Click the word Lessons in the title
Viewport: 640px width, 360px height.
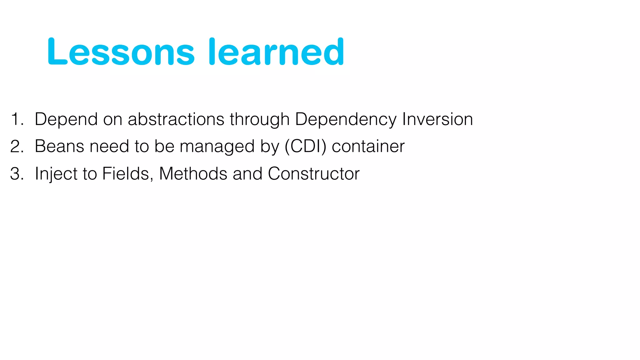(x=121, y=52)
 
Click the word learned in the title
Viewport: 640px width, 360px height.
(x=276, y=52)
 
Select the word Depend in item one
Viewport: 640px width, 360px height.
(x=66, y=119)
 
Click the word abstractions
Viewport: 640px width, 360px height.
(x=176, y=119)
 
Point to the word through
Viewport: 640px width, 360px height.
(x=260, y=119)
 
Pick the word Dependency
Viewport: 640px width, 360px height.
(x=346, y=119)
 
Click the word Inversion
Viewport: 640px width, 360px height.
(x=437, y=119)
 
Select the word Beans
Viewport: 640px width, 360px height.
(x=59, y=146)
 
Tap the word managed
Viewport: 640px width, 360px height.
(x=217, y=147)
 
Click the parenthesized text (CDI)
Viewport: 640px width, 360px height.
(x=305, y=147)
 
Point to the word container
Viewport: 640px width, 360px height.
(x=368, y=146)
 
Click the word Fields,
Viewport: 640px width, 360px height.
(x=127, y=174)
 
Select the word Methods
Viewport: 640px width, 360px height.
(x=193, y=174)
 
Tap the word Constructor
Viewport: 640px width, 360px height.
(x=313, y=174)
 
